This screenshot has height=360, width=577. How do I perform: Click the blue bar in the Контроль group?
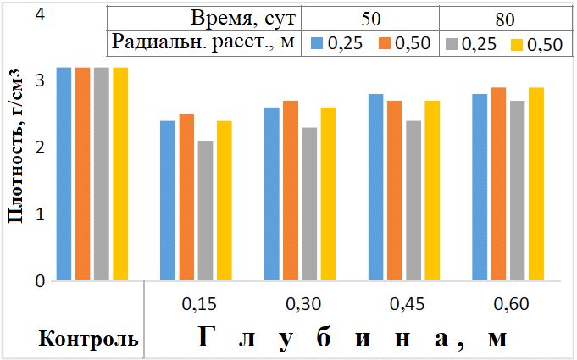tap(64, 174)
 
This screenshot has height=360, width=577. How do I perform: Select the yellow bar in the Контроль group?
tap(120, 174)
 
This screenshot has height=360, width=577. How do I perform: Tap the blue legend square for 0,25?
tap(316, 42)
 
